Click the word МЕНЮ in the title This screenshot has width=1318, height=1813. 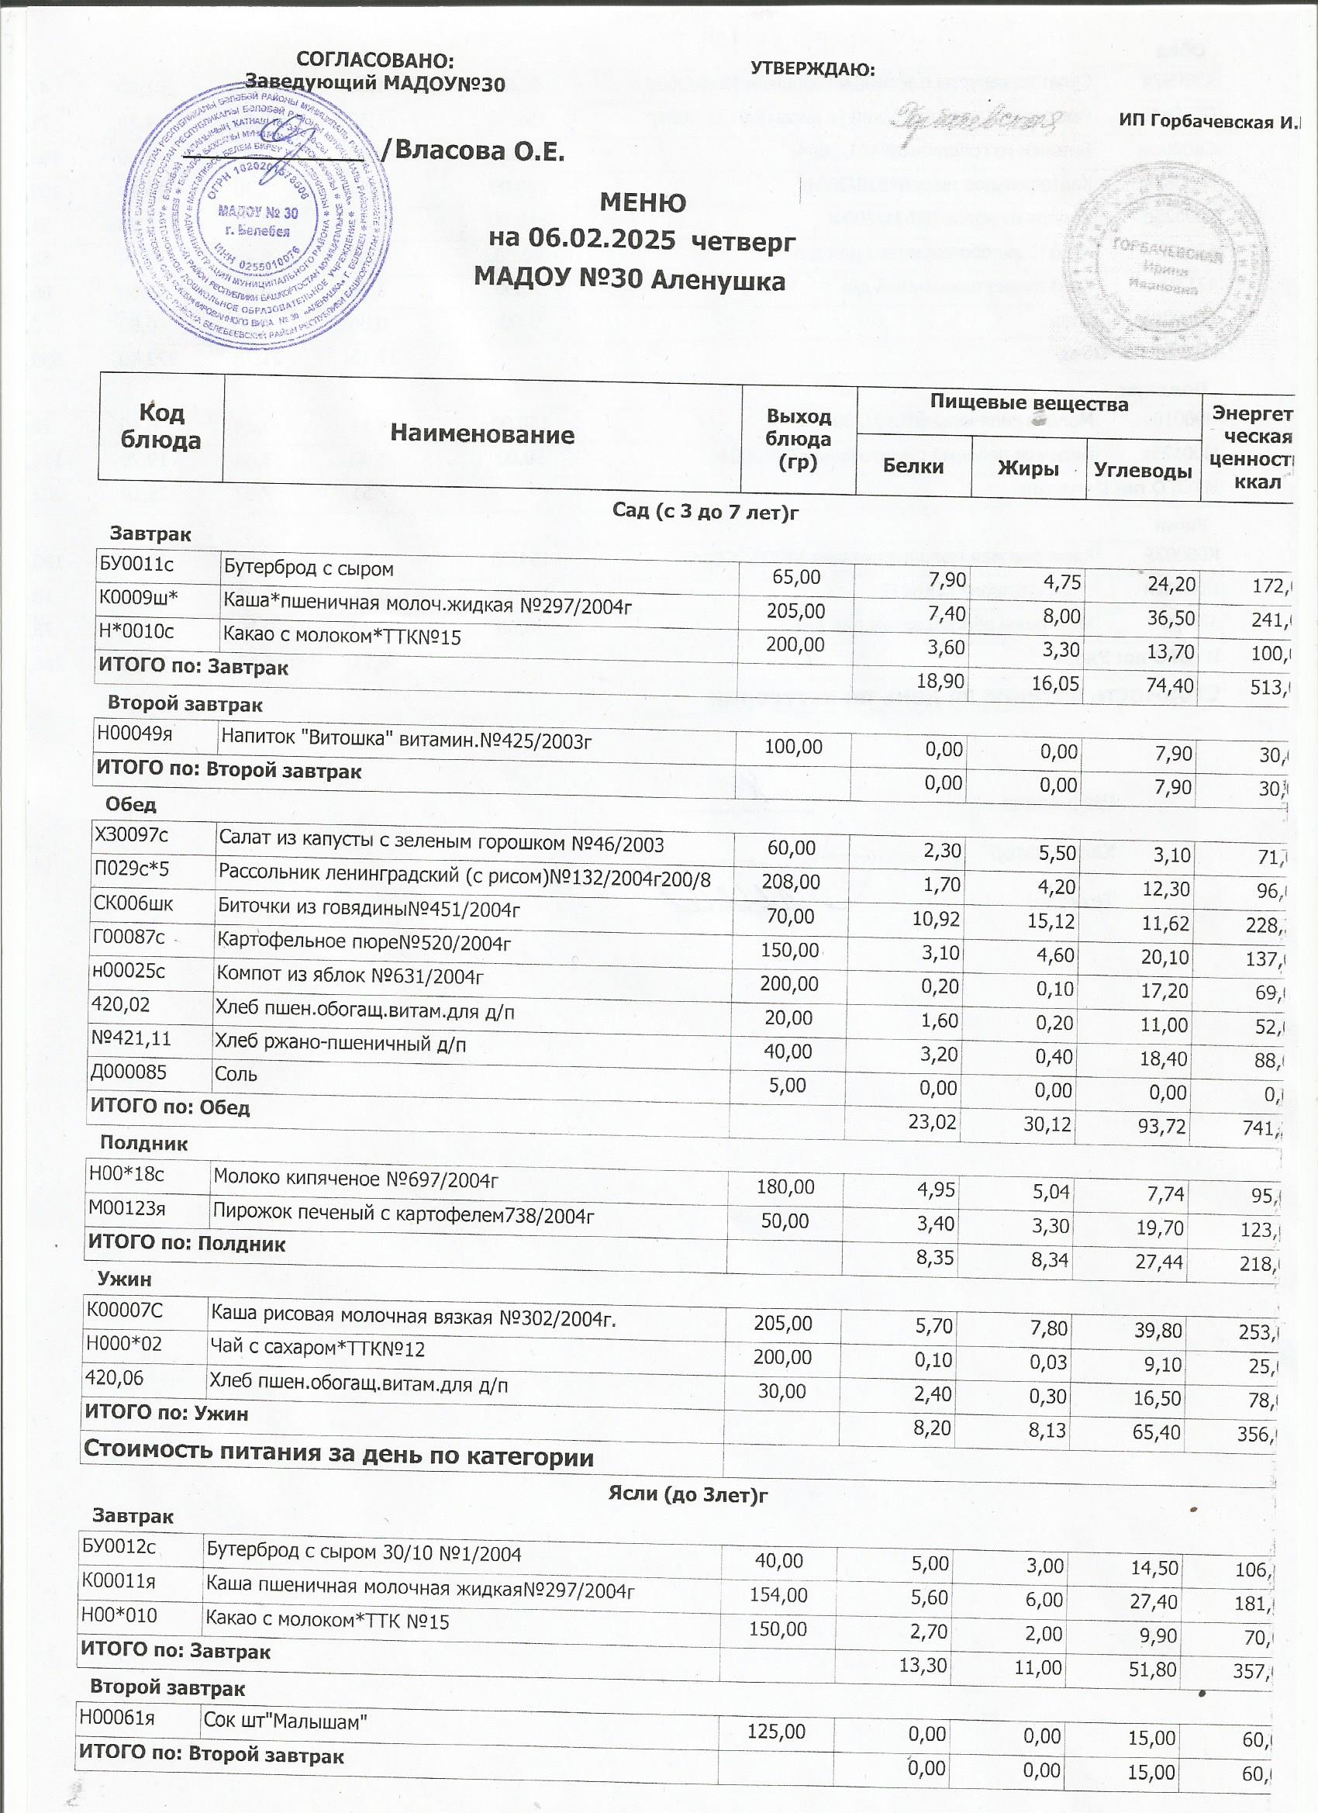pyautogui.click(x=642, y=203)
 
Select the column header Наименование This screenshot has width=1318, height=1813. pyautogui.click(x=482, y=434)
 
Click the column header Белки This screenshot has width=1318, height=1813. pyautogui.click(x=913, y=466)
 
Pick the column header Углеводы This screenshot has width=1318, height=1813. pyautogui.click(x=1142, y=470)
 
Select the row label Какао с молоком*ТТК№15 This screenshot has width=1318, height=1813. pyautogui.click(x=341, y=637)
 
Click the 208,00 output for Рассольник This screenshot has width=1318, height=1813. pyautogui.click(x=789, y=882)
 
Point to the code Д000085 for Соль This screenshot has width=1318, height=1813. pyautogui.click(x=128, y=1072)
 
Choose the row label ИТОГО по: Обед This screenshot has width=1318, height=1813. pyautogui.click(x=171, y=1107)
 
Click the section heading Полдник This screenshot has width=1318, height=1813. pyautogui.click(x=144, y=1143)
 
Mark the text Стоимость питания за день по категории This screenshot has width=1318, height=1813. pyautogui.click(x=339, y=1456)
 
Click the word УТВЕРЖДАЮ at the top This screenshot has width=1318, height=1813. pyautogui.click(x=813, y=70)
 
